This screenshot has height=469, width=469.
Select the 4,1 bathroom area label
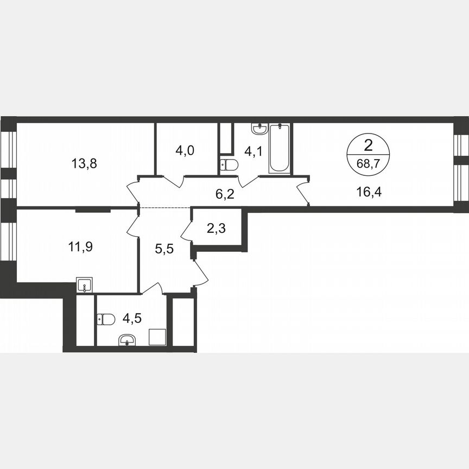tap(253, 151)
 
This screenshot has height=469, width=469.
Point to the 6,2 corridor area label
tap(225, 194)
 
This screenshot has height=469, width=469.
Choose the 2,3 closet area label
tap(217, 228)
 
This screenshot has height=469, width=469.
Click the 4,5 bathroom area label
tap(132, 318)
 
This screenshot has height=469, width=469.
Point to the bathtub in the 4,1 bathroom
tap(280, 148)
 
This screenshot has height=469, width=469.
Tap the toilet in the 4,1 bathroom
tap(229, 164)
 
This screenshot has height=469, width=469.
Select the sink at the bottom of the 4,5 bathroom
tap(128, 340)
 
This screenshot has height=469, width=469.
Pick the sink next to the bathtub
tap(259, 129)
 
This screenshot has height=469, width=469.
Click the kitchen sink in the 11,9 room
tap(84, 284)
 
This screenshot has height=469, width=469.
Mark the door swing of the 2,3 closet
tap(186, 231)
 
